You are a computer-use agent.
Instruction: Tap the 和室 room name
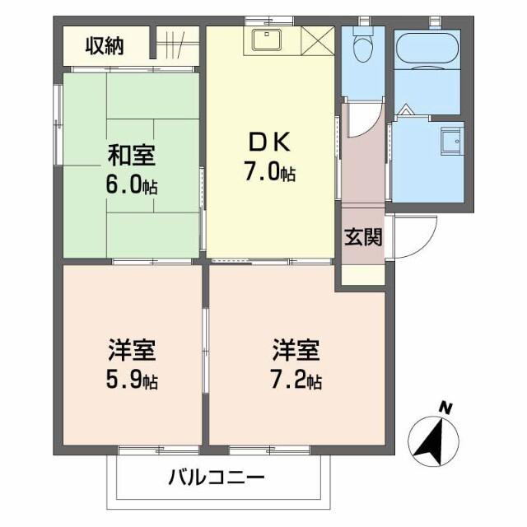132,154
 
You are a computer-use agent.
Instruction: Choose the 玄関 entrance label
362,239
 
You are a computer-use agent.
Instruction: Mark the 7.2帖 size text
297,380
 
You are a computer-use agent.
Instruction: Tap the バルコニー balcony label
217,478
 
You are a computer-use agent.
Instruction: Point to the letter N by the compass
445,407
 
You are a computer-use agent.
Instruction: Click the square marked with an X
317,40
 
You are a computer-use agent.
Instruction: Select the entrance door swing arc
409,238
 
